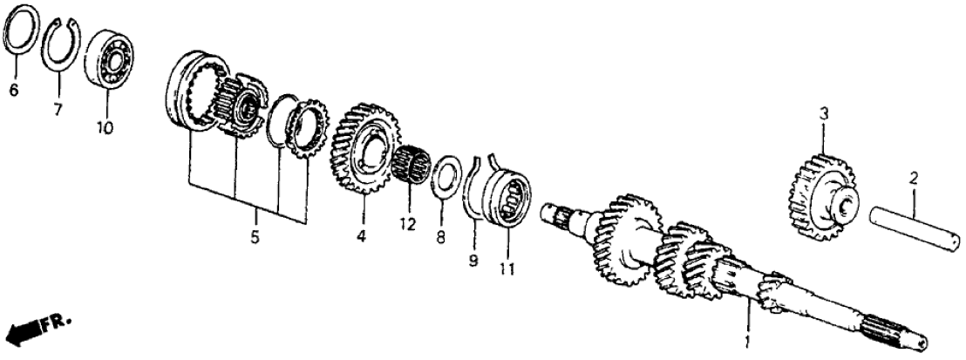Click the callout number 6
pos(14,91)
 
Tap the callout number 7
pos(58,111)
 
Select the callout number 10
pos(105,128)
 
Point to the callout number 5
pos(255,236)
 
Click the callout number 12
pos(407,223)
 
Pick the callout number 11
pos(508,268)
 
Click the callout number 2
pos(914,180)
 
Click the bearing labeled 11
pos(508,194)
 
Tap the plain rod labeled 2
pos(915,229)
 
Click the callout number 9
pos(473,261)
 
